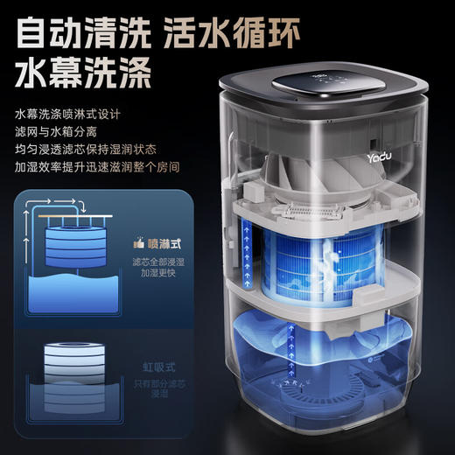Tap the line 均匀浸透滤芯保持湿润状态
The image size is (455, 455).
click(x=87, y=148)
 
